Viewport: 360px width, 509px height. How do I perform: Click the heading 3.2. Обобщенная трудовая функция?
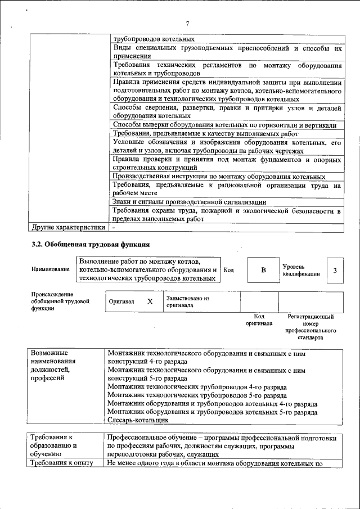coord(90,245)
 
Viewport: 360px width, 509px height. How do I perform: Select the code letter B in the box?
coord(263,270)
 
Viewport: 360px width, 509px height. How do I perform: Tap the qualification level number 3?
coord(335,271)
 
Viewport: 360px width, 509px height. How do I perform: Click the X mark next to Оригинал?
coord(150,301)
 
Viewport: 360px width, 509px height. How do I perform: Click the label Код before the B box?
coord(228,270)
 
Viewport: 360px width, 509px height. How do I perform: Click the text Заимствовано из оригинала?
coord(187,301)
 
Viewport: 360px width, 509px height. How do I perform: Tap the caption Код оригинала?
coord(259,320)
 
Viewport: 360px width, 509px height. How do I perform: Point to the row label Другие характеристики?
coord(68,228)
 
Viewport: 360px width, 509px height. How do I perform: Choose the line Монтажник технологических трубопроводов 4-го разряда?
coord(197,388)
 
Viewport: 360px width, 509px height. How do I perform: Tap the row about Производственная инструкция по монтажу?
coord(218,177)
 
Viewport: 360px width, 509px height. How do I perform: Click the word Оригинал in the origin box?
coord(121,301)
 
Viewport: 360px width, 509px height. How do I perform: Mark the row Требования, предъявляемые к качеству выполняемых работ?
coord(205,134)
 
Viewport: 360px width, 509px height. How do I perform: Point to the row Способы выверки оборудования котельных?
coord(224,125)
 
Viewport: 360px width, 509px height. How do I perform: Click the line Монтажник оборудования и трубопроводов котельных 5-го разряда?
coord(212,412)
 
